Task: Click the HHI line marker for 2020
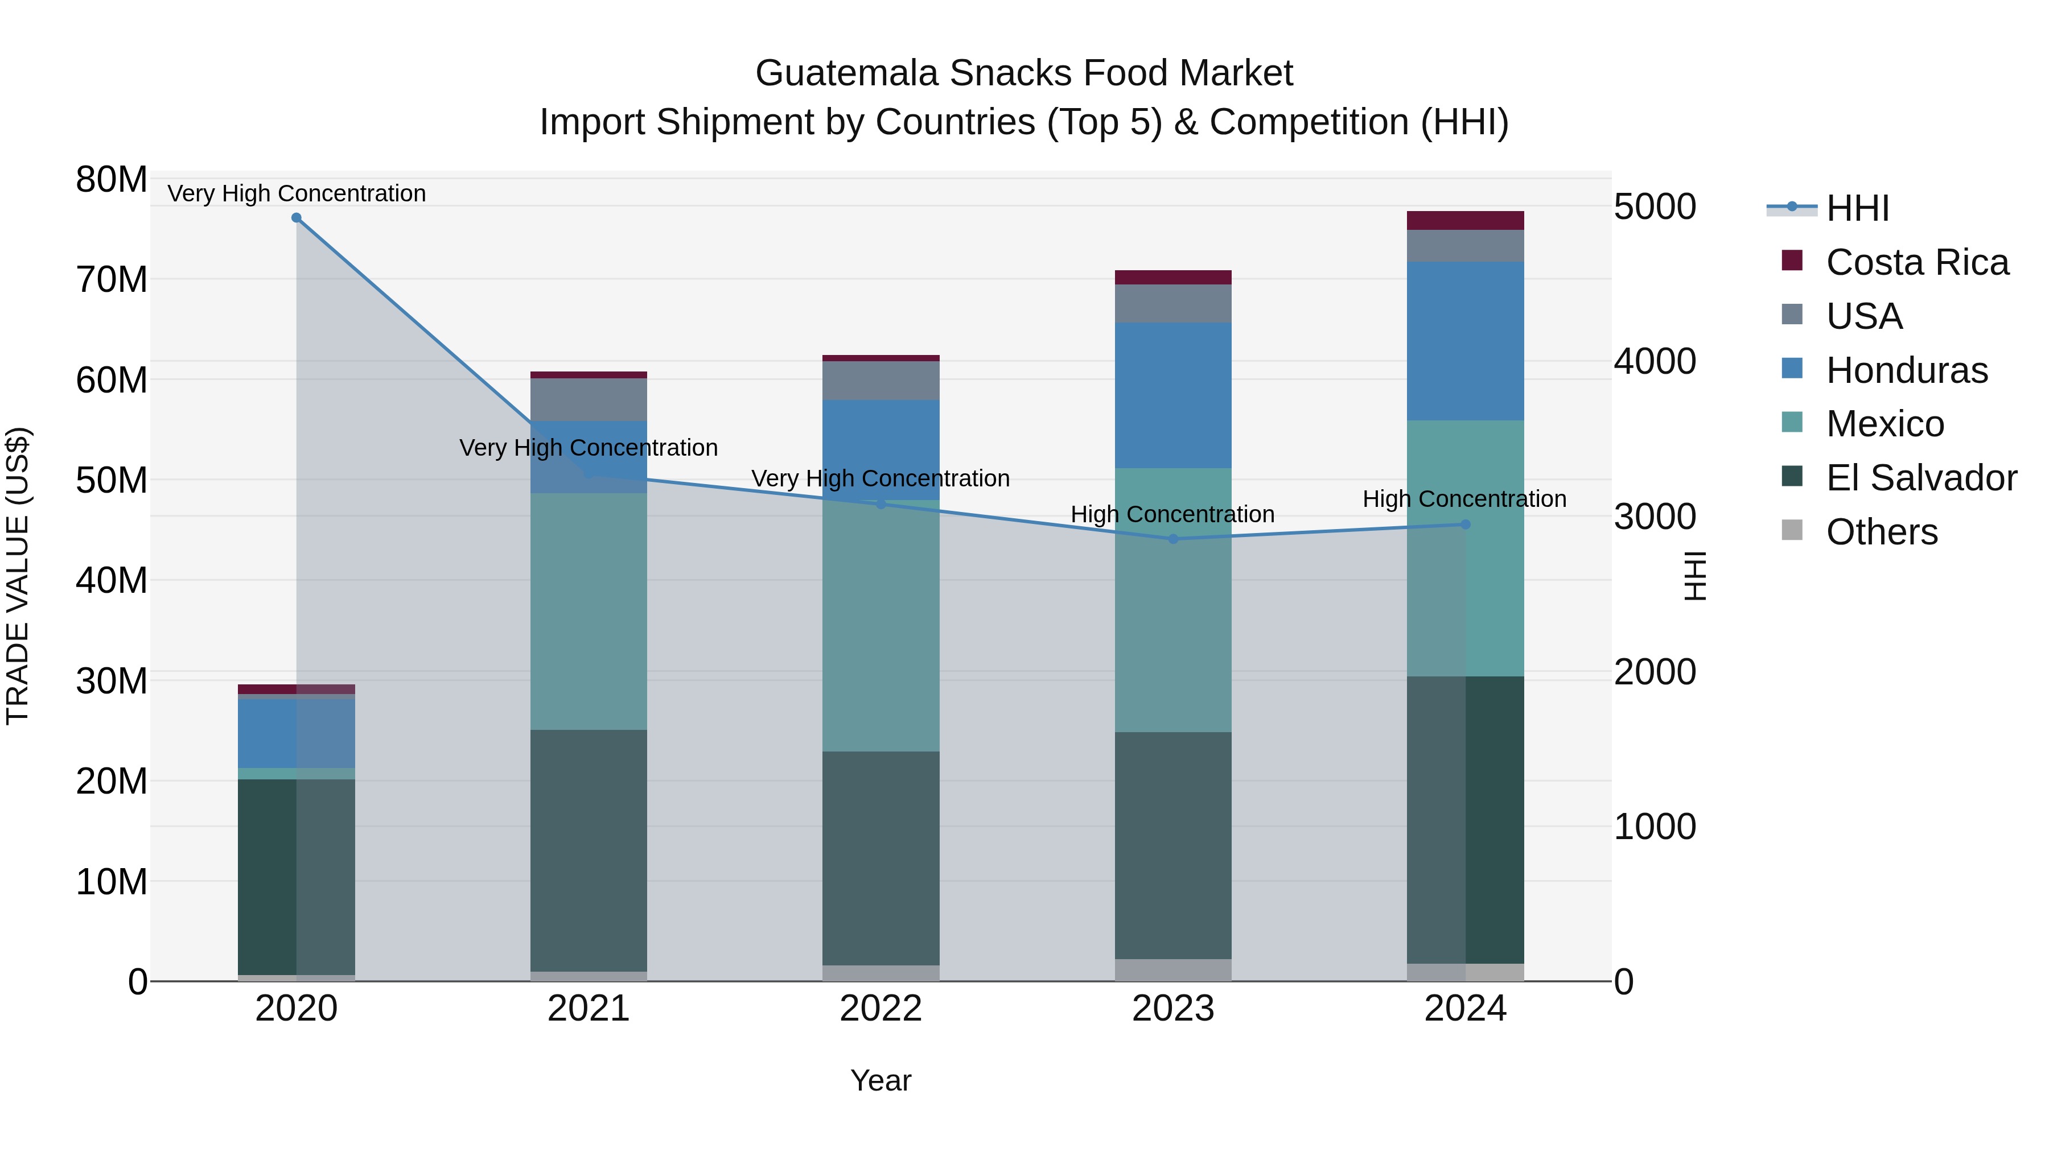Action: pos(297,218)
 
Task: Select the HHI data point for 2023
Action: pos(1173,539)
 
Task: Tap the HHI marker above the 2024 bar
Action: pos(1466,525)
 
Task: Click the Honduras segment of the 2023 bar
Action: pos(1173,395)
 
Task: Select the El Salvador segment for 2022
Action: pos(881,858)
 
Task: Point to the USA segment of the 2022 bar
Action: pos(881,381)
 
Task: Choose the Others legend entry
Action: pos(1881,532)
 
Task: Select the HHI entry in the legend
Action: pos(1857,208)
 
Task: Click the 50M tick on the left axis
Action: pos(112,480)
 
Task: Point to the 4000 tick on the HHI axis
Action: pos(1655,362)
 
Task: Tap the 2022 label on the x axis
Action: pos(881,1009)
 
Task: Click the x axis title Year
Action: pos(881,1080)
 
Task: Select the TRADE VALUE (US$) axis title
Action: pos(18,576)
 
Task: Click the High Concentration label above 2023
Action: pos(1172,514)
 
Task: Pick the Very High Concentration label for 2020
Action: pos(297,193)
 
